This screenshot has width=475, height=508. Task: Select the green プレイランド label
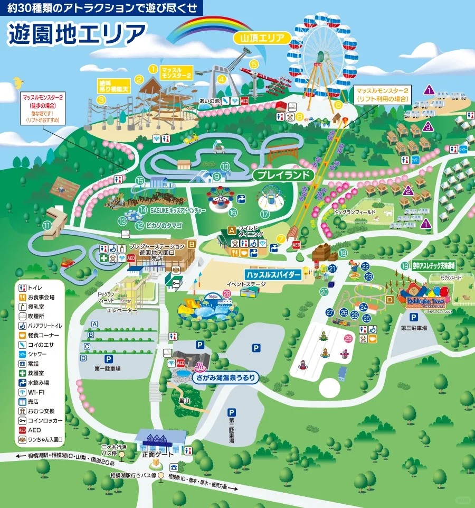283,174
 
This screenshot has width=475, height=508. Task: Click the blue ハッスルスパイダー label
273,275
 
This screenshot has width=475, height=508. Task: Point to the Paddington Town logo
426,298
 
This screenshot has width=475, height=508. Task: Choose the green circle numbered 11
47,226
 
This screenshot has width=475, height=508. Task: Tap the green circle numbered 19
405,266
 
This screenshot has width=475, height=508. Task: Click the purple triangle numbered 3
428,126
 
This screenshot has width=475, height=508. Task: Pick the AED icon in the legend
22,430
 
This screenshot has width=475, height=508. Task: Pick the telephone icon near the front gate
173,467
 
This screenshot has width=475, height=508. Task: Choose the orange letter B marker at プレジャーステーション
192,244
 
